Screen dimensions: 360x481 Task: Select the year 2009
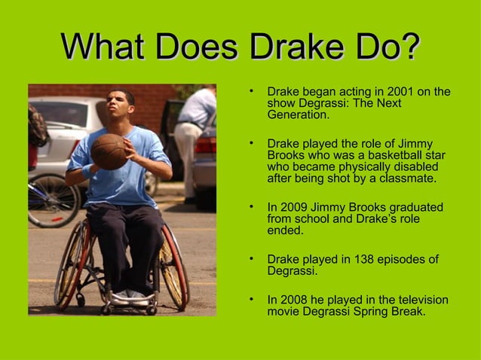[293, 207]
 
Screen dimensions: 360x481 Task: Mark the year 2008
[293, 299]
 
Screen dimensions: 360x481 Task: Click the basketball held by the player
[109, 151]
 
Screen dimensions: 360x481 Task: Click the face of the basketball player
[121, 108]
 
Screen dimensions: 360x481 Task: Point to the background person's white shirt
[198, 109]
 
